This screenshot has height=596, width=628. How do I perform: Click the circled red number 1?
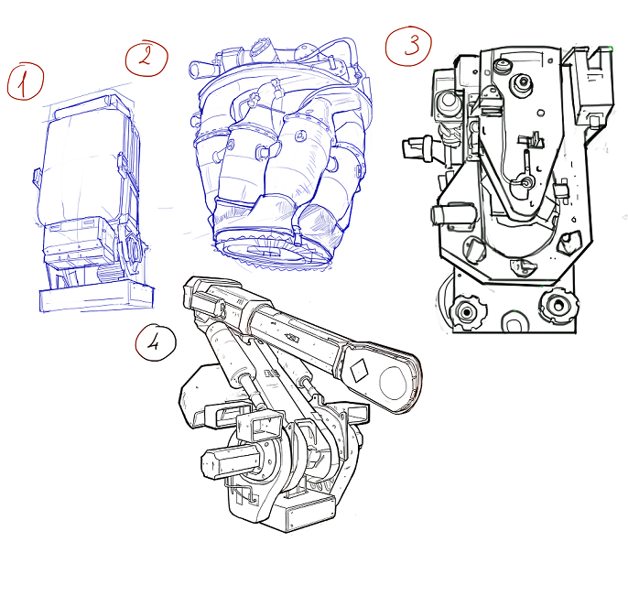point(25,81)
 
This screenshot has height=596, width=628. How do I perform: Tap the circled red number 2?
point(146,59)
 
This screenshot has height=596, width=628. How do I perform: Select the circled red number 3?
point(408,46)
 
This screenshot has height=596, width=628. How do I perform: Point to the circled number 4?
point(156,342)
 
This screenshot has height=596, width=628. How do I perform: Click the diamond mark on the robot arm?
point(359,370)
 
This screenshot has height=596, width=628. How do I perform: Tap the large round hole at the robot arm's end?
point(393,383)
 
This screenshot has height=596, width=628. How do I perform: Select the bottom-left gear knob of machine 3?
point(467,312)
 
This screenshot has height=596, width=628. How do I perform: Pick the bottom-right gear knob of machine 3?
point(558,306)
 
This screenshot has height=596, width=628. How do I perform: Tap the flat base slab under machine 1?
point(96,297)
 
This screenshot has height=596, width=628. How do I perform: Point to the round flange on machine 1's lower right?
point(133,250)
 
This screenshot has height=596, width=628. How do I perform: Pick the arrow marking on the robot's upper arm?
point(292,338)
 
